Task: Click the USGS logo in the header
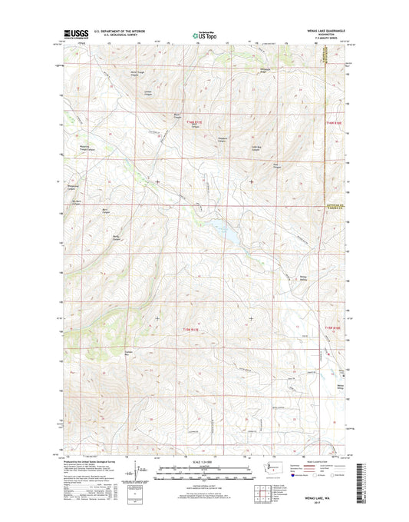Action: [74, 34]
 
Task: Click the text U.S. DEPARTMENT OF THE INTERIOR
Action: [123, 32]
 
